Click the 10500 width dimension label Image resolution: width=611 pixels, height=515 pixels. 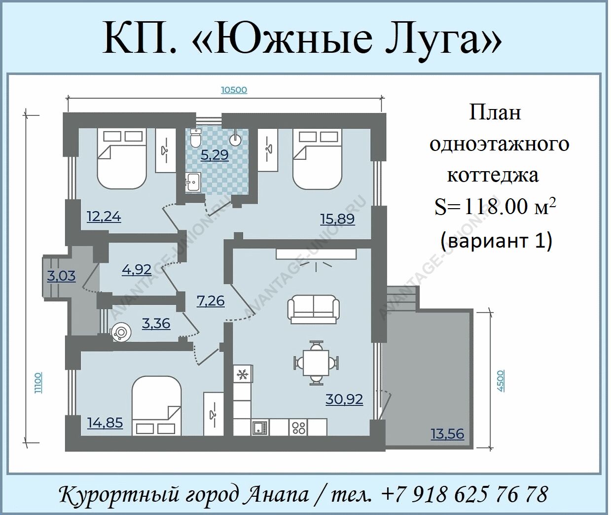[234, 90]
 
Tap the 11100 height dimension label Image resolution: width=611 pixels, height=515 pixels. [38, 383]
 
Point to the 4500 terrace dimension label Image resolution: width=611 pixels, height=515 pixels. [501, 381]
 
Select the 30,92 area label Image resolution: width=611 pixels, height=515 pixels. [344, 400]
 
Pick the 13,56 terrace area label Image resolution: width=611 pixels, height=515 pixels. [447, 434]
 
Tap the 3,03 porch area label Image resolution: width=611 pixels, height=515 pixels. [62, 276]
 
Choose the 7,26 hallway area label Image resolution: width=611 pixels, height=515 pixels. [211, 301]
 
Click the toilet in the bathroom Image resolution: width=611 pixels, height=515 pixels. [195, 138]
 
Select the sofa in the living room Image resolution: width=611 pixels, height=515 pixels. [314, 309]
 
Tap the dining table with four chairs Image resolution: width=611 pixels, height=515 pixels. [316, 363]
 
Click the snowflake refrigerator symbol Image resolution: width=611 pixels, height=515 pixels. [243, 374]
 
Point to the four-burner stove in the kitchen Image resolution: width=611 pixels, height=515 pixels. [299, 427]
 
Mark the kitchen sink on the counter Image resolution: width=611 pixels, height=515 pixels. [260, 427]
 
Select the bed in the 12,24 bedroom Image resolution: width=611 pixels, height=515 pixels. [121, 158]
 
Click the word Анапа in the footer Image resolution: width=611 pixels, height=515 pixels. [278, 495]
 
